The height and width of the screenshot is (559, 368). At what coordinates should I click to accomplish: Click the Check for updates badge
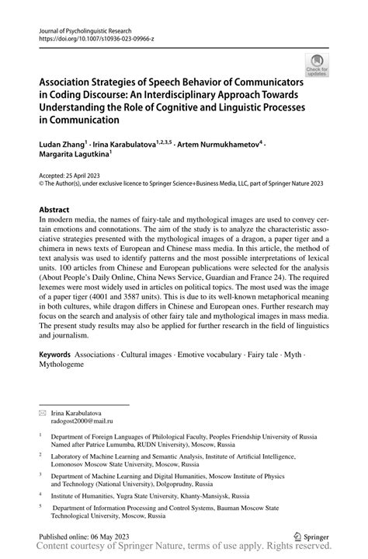pos(316,65)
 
